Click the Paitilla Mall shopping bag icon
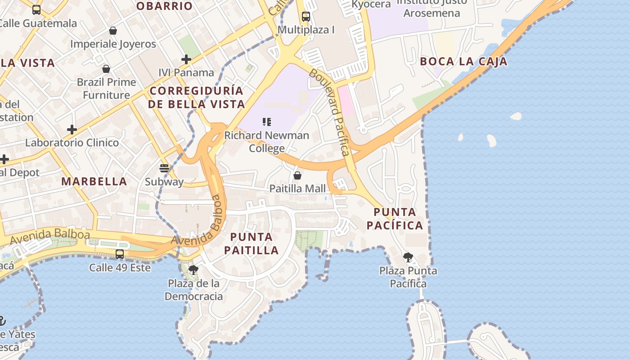tap(297, 175)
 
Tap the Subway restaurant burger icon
tap(164, 168)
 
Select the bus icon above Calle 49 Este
tap(120, 254)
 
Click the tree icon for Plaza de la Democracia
tap(193, 270)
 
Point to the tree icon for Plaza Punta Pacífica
tap(408, 257)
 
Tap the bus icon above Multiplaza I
tap(306, 17)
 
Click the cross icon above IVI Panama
tap(186, 59)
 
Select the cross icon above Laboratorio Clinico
tap(72, 130)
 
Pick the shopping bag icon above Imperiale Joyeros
tap(113, 31)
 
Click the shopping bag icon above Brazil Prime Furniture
tap(106, 69)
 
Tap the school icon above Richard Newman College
tap(267, 121)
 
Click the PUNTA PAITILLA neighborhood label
tap(252, 243)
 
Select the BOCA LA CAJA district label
tap(463, 62)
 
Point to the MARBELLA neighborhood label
tap(94, 181)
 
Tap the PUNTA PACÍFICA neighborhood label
tap(395, 218)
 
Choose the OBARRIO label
tap(165, 6)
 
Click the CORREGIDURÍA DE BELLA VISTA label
tap(196, 97)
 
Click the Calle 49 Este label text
tap(120, 267)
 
